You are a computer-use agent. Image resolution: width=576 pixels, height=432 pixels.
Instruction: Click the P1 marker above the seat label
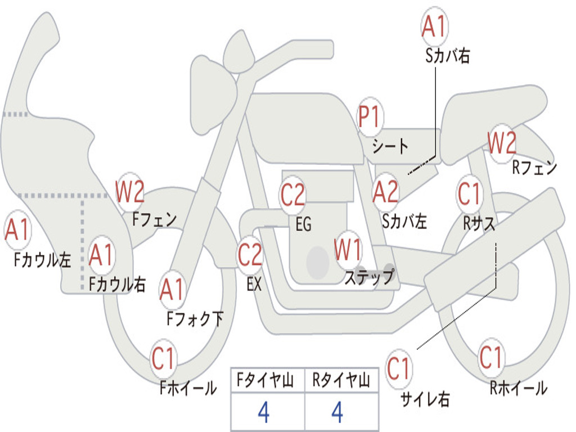(370, 117)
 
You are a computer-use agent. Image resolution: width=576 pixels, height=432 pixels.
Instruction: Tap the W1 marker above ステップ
(347, 250)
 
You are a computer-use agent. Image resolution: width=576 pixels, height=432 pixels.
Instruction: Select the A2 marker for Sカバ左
(385, 192)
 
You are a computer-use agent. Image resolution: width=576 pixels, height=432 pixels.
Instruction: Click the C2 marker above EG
(292, 194)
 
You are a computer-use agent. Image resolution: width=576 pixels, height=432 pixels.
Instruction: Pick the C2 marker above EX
(250, 255)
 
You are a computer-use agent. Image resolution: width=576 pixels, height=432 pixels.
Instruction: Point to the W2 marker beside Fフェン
(130, 192)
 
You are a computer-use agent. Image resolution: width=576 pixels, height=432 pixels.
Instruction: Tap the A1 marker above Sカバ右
(435, 27)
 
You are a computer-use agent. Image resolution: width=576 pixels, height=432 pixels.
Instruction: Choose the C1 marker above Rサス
(469, 193)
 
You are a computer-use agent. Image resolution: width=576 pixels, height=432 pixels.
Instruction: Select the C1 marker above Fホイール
(163, 358)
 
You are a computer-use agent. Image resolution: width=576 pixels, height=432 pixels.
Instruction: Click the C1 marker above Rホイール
(490, 357)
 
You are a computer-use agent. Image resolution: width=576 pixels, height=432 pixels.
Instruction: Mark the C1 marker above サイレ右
(398, 368)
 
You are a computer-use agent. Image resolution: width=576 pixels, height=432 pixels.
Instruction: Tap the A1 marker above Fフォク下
(172, 290)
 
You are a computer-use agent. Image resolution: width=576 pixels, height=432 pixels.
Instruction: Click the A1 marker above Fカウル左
(17, 230)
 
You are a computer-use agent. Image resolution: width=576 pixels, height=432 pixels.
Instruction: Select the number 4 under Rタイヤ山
(337, 412)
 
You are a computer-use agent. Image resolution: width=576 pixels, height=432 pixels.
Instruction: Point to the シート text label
(390, 146)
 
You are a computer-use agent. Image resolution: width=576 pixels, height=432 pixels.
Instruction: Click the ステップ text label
(369, 277)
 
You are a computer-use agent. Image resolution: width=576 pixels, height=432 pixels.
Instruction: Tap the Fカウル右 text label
(117, 284)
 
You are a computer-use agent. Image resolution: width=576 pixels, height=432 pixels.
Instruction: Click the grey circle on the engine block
(318, 262)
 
